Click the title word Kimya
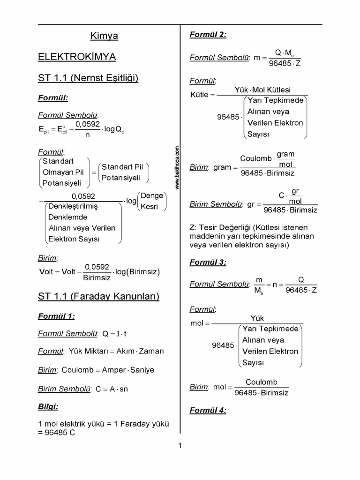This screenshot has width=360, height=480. (104, 36)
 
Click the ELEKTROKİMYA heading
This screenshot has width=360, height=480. (77, 57)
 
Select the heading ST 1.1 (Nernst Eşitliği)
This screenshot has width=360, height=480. (88, 78)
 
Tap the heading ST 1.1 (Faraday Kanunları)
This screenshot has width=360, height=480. (98, 296)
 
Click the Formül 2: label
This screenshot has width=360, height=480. (208, 34)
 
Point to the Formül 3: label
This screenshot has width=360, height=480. (208, 262)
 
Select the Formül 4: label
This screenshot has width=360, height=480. (208, 411)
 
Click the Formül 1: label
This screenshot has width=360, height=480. (56, 316)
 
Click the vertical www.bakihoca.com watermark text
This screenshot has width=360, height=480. (178, 167)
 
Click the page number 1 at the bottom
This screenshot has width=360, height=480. (180, 446)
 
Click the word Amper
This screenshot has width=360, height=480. (114, 370)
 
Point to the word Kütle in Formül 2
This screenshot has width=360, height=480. (199, 95)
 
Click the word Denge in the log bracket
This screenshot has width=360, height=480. (152, 195)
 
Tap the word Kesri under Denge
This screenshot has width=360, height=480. (150, 207)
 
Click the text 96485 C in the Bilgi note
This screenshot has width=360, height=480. (60, 433)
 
